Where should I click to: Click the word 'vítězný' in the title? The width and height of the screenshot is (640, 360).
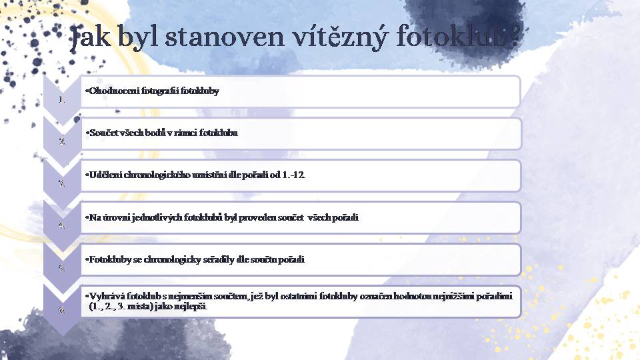[x=339, y=37]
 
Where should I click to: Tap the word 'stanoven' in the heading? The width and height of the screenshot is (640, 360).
[x=225, y=36]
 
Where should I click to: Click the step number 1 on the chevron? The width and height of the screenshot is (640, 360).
[x=61, y=99]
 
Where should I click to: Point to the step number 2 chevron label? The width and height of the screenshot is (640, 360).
[x=62, y=141]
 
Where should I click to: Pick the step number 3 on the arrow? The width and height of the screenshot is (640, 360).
[x=62, y=183]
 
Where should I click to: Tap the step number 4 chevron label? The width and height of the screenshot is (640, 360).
[x=62, y=225]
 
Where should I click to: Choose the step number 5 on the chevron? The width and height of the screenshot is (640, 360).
[x=62, y=267]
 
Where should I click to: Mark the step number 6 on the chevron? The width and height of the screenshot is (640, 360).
[x=62, y=310]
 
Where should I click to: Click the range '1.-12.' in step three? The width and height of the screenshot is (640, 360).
[x=293, y=175]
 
